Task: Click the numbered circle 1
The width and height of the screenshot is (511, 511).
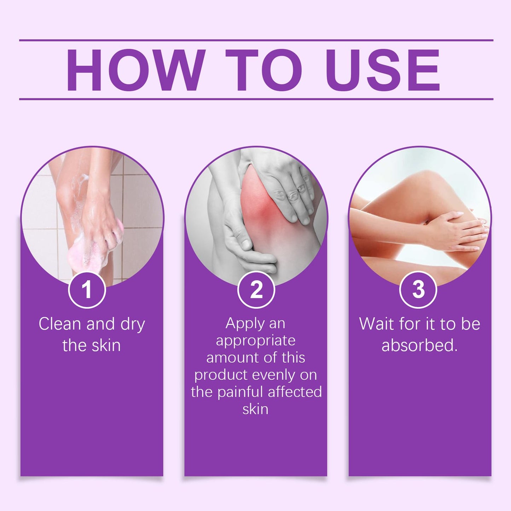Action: click(x=87, y=290)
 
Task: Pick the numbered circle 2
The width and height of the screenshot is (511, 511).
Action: click(x=256, y=290)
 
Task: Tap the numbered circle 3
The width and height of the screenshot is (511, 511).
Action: click(x=418, y=290)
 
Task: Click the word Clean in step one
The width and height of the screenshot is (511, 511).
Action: click(x=60, y=324)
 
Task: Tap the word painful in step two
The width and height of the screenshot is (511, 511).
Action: click(x=240, y=392)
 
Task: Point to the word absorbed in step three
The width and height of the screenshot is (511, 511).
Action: click(x=420, y=346)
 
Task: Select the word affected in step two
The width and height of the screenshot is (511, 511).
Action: click(x=295, y=392)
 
